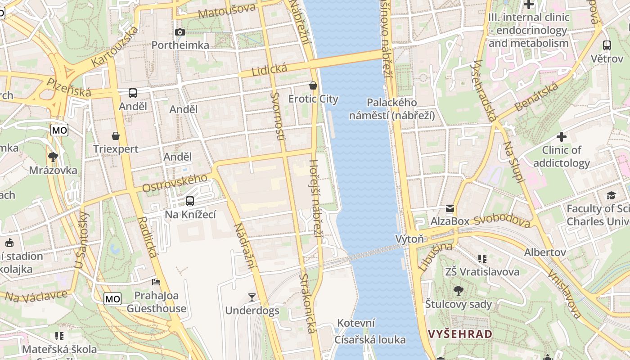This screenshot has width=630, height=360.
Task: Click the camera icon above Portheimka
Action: click(180, 32)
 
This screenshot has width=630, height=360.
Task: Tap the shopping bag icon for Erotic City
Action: click(313, 85)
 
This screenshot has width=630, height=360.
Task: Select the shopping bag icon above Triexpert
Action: click(116, 135)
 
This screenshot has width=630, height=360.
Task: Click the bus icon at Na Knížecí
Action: click(190, 201)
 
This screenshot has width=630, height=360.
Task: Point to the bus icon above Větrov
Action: click(607, 45)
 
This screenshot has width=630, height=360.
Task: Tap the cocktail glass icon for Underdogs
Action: click(252, 297)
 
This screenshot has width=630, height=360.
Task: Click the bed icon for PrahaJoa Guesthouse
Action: click(156, 282)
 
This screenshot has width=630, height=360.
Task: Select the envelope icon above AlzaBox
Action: click(450, 208)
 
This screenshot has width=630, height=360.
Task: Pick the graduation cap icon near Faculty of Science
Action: click(611, 195)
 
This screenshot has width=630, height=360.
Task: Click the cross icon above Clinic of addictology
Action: click(562, 136)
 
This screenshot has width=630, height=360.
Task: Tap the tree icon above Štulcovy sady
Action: click(459, 291)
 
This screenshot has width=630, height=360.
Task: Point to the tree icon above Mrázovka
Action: click(53, 157)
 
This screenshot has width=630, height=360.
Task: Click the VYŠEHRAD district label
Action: click(460, 334)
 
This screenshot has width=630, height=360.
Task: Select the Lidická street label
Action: click(269, 70)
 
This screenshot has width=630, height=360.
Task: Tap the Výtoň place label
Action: click(409, 238)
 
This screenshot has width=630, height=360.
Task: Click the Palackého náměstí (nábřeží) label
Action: click(392, 109)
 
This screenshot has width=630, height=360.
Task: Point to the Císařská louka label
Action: click(370, 340)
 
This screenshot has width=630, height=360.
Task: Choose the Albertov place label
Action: click(545, 252)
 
